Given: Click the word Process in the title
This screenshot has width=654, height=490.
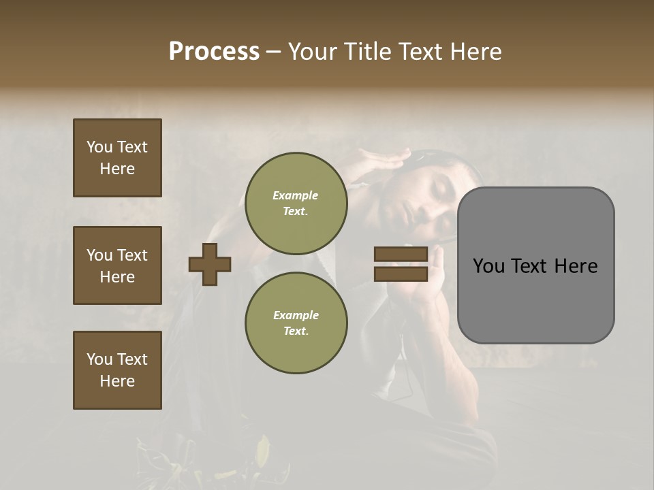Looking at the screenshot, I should tap(214, 52).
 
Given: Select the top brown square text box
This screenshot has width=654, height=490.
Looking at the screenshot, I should tap(117, 158).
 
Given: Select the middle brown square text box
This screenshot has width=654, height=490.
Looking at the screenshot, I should tap(117, 265).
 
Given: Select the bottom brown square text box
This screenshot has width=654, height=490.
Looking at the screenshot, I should tap(117, 370).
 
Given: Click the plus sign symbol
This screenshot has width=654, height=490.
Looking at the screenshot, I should tap(210, 264).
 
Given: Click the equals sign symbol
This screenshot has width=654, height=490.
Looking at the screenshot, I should tap(401, 264).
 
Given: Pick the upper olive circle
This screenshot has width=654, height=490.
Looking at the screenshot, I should tap(296, 203).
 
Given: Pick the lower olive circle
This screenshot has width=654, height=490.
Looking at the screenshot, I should tap(296, 323).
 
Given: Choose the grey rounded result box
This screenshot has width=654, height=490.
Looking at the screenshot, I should tap(535, 265).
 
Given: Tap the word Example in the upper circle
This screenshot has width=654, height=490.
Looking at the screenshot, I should tap(296, 195).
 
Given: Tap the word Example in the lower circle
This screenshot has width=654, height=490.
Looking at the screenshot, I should tap(296, 315).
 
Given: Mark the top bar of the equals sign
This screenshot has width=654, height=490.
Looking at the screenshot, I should tap(401, 255).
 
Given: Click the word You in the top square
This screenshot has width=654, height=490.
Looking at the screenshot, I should tap(99, 147).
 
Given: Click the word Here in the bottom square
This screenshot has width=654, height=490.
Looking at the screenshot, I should tap(117, 381).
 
